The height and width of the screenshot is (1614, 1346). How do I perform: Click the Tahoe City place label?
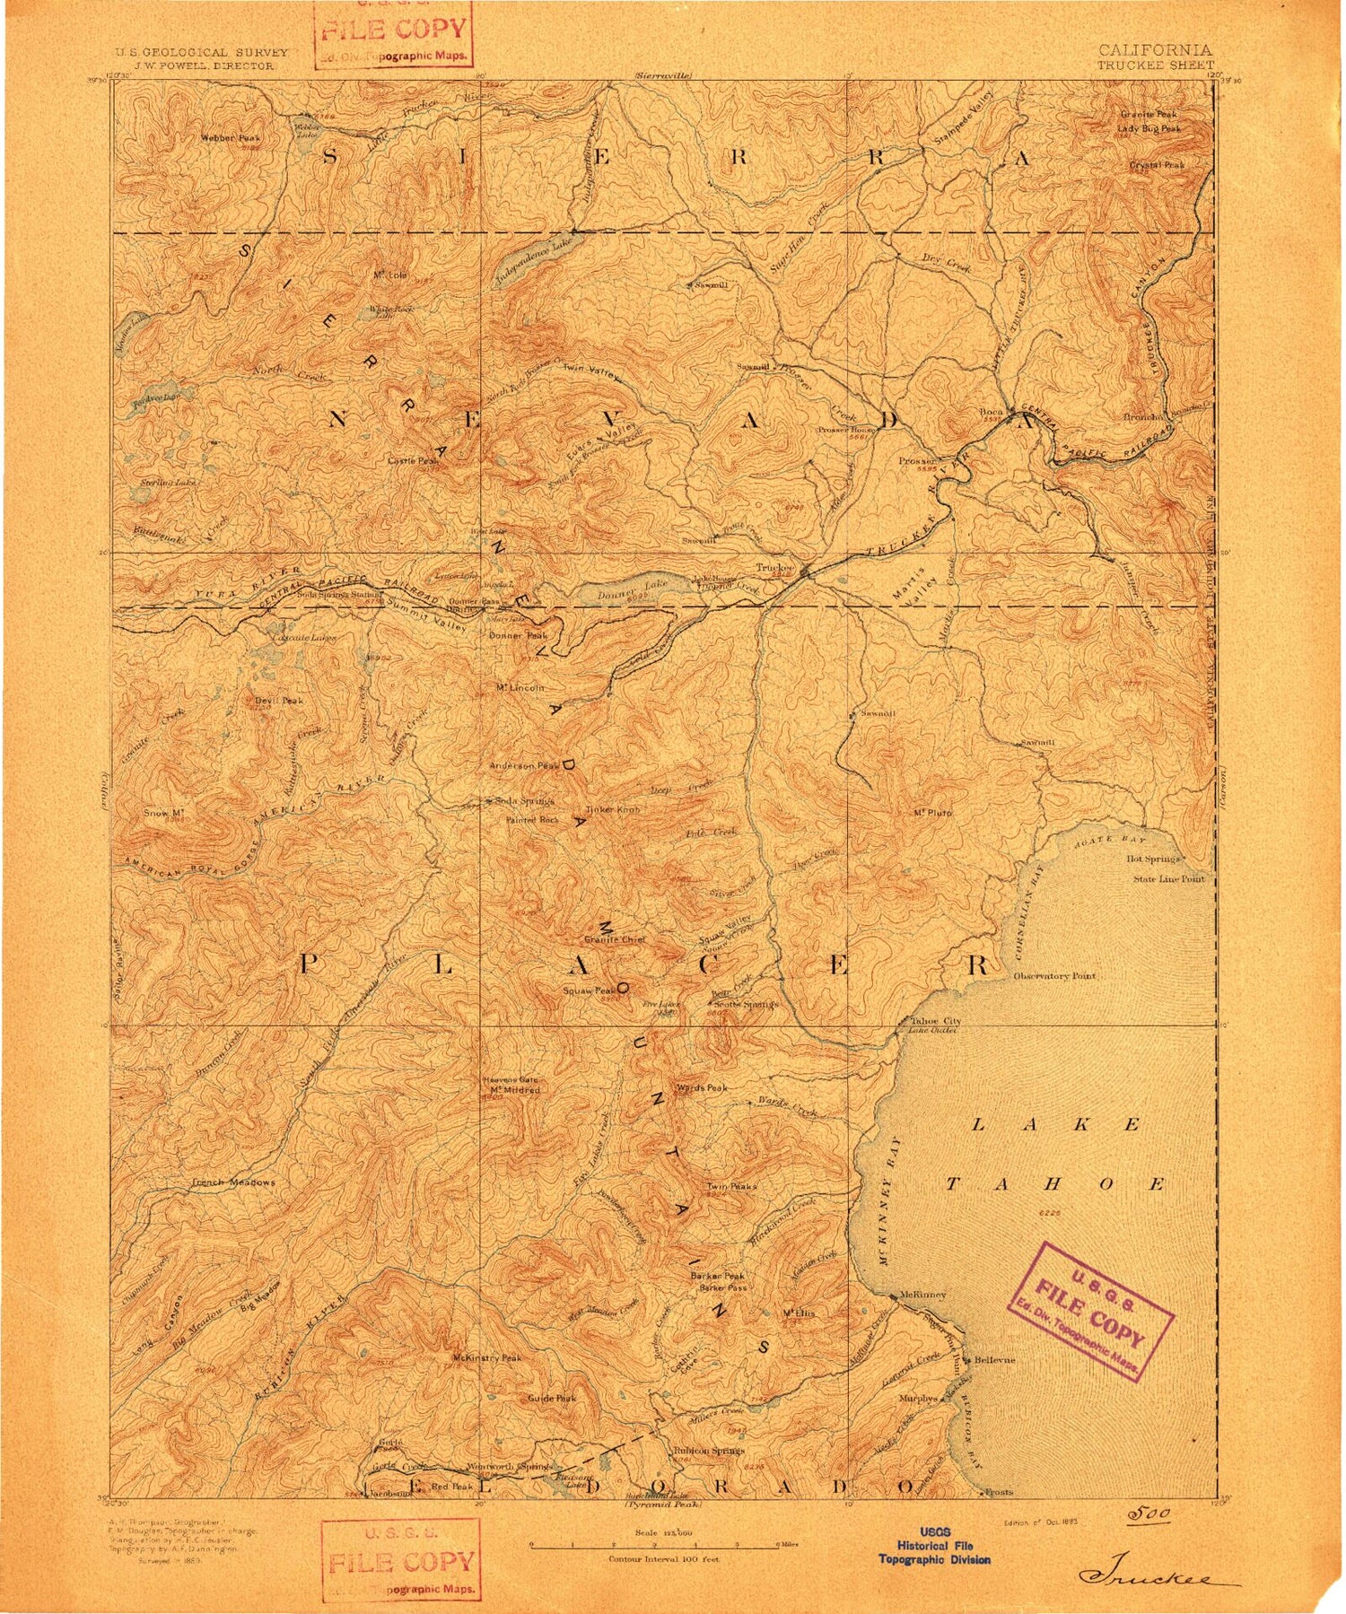936,1021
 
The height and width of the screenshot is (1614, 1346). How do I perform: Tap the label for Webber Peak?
231,138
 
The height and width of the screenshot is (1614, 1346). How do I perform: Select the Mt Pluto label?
932,813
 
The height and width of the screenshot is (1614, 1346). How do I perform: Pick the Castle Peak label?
413,460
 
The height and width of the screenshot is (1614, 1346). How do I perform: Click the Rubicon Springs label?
709,1450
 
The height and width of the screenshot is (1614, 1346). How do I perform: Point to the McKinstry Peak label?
486,1358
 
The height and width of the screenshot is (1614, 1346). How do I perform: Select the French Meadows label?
233,1182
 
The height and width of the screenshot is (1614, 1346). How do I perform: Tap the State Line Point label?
1167,879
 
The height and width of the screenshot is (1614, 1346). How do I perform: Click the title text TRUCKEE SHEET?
1156,65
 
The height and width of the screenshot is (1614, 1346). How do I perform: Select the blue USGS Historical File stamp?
934,1546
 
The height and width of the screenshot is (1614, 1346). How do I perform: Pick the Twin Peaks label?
732,1186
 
